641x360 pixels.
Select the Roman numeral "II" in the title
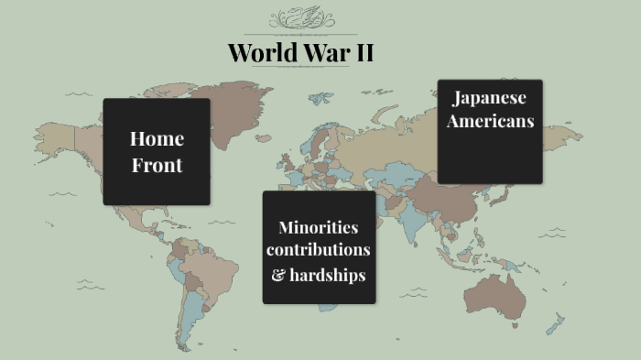click(x=363, y=52)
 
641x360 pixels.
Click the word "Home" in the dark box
click(x=157, y=139)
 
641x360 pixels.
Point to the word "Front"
click(x=157, y=166)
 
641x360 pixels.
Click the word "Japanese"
click(x=490, y=98)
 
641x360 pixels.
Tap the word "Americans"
click(x=490, y=121)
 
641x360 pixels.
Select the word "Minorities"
click(x=319, y=227)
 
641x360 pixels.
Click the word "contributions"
click(x=319, y=249)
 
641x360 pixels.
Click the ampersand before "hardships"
click(x=278, y=274)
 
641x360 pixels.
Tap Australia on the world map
click(x=501, y=293)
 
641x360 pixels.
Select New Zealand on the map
click(x=555, y=323)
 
